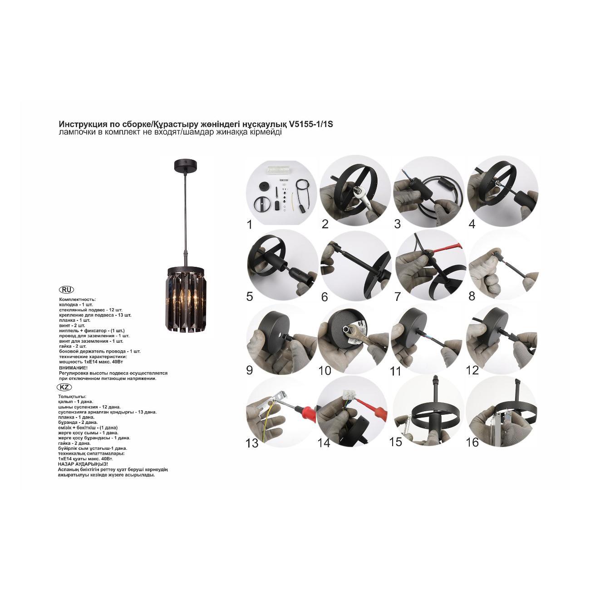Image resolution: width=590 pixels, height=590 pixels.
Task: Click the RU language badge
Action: point(66,290)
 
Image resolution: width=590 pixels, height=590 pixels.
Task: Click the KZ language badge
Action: point(64,387)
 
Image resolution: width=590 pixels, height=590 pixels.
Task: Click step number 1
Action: point(250,225)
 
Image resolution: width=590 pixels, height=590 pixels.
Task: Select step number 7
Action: point(398,296)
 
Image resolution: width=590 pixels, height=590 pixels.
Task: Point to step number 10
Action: point(324,371)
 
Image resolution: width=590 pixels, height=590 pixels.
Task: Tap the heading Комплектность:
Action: point(77,299)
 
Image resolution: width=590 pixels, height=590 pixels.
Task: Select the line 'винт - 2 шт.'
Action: point(72,325)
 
